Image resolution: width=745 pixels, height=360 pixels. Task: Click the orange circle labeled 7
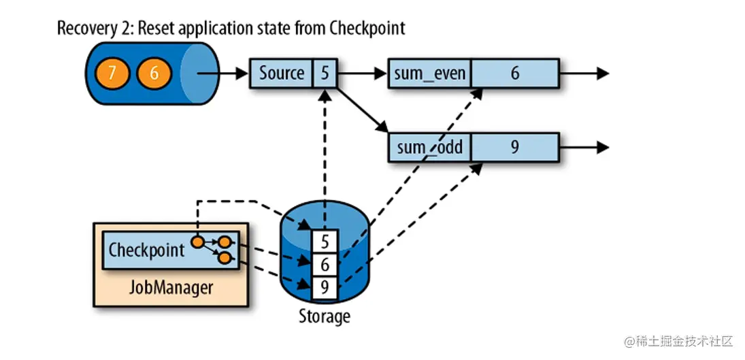pyautogui.click(x=112, y=72)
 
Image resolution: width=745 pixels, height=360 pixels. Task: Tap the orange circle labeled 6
pyautogui.click(x=154, y=72)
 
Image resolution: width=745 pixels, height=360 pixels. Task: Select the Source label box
pyautogui.click(x=282, y=73)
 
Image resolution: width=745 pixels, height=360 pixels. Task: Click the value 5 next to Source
pyautogui.click(x=325, y=73)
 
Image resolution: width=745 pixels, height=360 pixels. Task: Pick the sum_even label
pyautogui.click(x=429, y=73)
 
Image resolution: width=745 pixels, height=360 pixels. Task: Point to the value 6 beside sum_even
pyautogui.click(x=514, y=73)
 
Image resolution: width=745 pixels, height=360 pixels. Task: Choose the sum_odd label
pyautogui.click(x=429, y=147)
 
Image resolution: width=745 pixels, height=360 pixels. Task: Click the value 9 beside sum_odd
pyautogui.click(x=514, y=147)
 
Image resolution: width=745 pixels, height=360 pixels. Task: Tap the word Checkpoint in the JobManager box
pyautogui.click(x=146, y=250)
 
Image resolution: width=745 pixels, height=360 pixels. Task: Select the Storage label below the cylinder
pyautogui.click(x=324, y=316)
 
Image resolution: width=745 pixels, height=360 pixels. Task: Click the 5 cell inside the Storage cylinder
pyautogui.click(x=325, y=240)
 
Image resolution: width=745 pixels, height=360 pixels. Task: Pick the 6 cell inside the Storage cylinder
pyautogui.click(x=325, y=264)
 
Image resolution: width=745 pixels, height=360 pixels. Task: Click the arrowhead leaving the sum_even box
pyautogui.click(x=601, y=73)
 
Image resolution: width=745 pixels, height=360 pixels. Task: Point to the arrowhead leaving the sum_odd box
pyautogui.click(x=601, y=147)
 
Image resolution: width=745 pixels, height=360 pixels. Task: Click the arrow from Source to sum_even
pyautogui.click(x=361, y=73)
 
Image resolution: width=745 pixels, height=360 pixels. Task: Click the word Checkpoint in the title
pyautogui.click(x=367, y=28)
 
